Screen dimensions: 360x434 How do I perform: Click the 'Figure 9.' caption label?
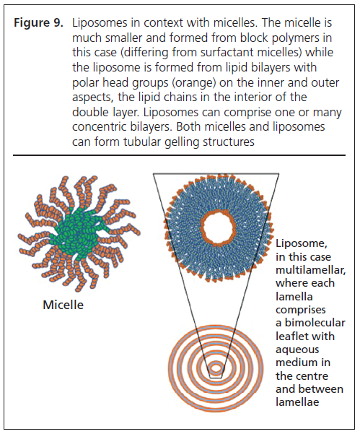coord(39,22)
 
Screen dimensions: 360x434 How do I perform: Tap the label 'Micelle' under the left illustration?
coord(63,305)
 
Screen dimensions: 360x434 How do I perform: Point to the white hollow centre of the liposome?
coord(219,227)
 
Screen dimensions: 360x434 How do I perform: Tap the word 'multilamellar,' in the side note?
coord(310,270)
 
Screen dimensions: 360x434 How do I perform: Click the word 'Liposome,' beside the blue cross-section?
coord(302,243)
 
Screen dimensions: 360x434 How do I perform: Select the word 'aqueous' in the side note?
coord(297,350)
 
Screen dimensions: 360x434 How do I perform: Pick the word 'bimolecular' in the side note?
coord(315,323)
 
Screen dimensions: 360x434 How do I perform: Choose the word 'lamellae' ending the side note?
coord(297,402)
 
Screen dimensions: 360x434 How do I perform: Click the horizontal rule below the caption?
coord(179,155)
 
